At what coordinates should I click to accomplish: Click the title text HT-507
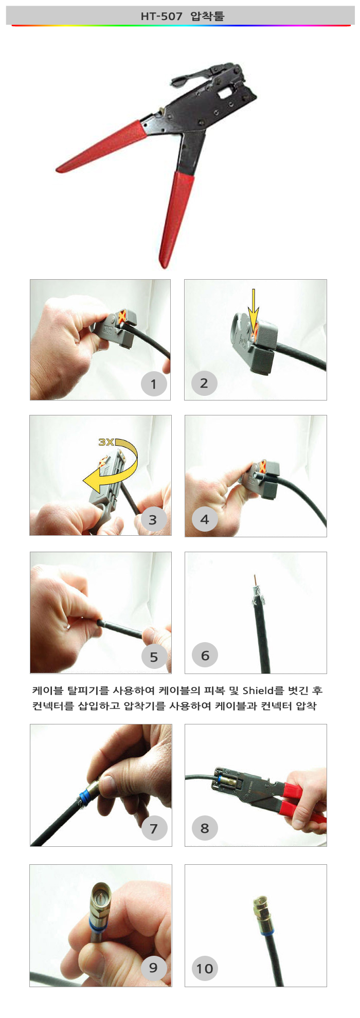pyautogui.click(x=161, y=16)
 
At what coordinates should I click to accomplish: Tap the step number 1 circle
pyautogui.click(x=154, y=384)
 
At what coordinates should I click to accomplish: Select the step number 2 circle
pyautogui.click(x=204, y=383)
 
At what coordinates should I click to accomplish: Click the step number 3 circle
pyautogui.click(x=153, y=519)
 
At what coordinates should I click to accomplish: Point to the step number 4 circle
pyautogui.click(x=205, y=519)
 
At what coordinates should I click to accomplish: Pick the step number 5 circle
pyautogui.click(x=154, y=657)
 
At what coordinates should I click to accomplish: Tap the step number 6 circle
pyautogui.click(x=205, y=656)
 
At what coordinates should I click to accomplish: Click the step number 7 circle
pyautogui.click(x=154, y=828)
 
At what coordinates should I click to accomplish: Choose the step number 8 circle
pyautogui.click(x=205, y=828)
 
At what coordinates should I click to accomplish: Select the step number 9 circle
pyautogui.click(x=153, y=967)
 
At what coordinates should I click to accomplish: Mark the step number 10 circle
pyautogui.click(x=205, y=969)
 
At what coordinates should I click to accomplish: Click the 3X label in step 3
pyautogui.click(x=106, y=442)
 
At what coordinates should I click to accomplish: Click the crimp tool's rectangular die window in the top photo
pyautogui.click(x=225, y=93)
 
